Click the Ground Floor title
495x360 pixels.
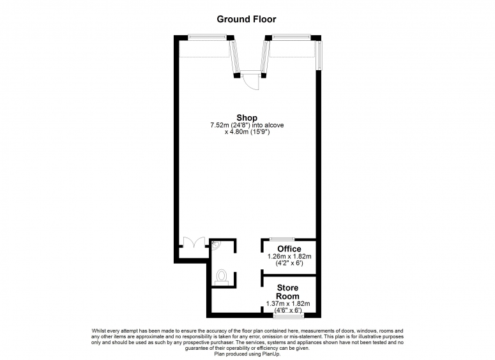click(246, 19)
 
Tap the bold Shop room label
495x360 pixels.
click(247, 117)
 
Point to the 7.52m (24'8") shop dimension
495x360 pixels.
click(247, 125)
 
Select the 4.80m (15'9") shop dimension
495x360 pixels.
click(247, 132)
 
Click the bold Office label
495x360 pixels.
click(289, 249)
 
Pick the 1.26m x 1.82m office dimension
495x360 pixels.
click(289, 257)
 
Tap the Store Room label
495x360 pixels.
click(287, 292)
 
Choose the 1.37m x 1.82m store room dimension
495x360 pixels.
click(287, 304)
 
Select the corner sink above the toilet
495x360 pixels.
click(215, 244)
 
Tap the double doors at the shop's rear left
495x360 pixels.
click(193, 243)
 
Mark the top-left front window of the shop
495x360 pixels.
click(206, 38)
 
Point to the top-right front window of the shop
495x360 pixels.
click(291, 38)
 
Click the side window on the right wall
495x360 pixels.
click(321, 54)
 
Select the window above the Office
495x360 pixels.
click(281, 239)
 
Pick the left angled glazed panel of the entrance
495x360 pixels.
click(234, 56)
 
